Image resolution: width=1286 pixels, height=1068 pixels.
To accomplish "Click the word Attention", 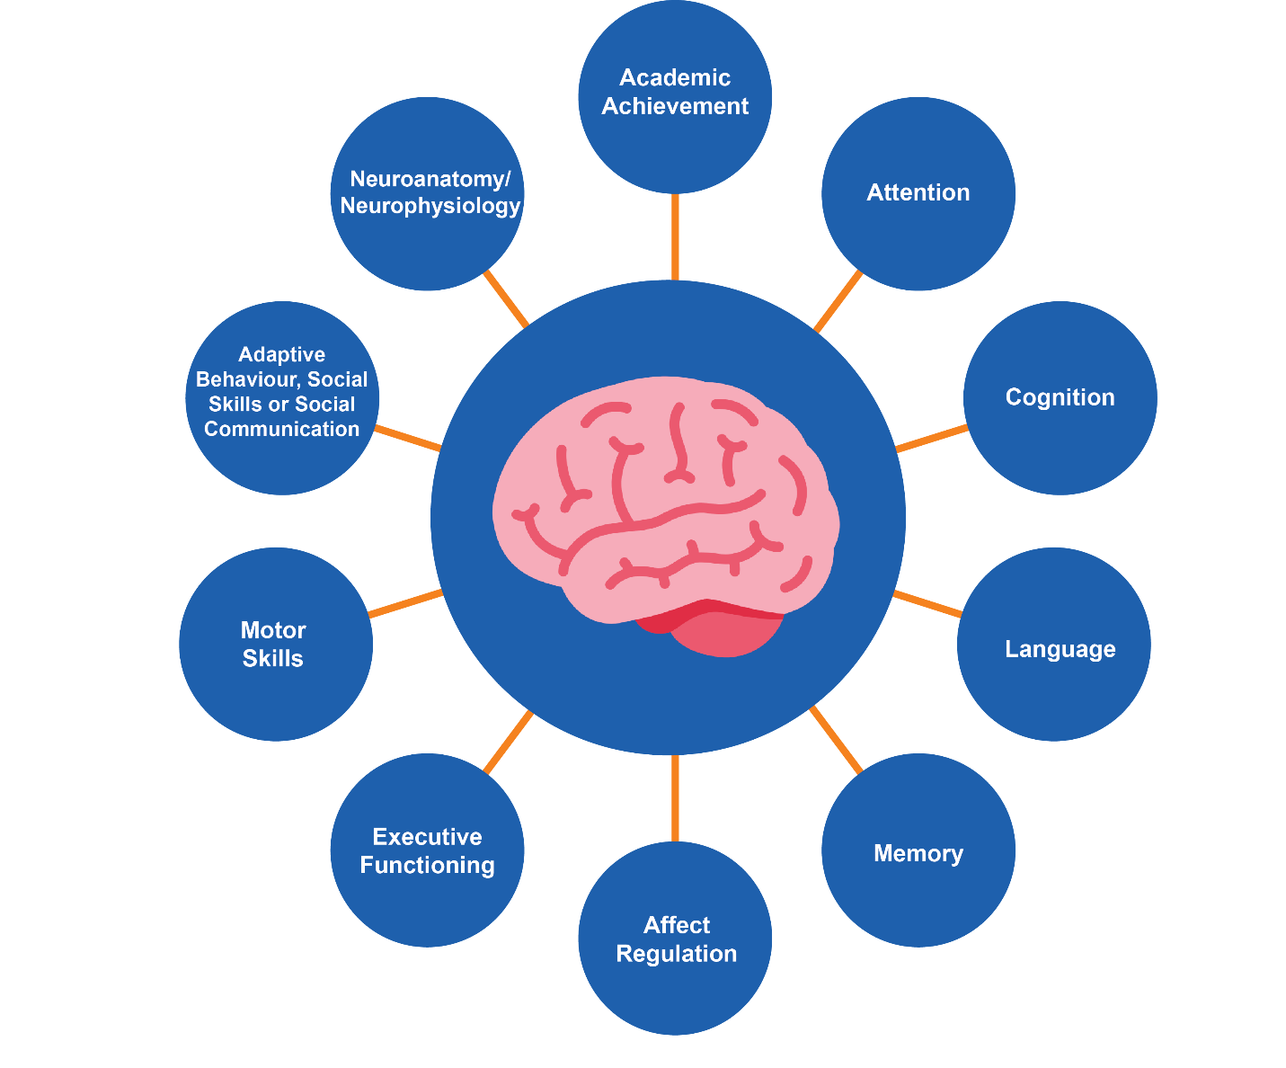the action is point(918,193).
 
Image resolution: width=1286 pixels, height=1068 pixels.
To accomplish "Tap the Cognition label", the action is point(1060,398).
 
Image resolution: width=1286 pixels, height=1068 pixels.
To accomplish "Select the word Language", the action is point(1060,650).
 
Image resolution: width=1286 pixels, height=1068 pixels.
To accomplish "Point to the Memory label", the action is point(918,854).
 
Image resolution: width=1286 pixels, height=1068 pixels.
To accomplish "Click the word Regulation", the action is point(677,954).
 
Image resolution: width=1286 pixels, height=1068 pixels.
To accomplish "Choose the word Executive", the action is point(428,837).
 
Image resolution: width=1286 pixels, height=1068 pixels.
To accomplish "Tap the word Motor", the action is point(273,630).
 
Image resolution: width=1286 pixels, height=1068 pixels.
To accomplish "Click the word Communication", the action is point(281,429).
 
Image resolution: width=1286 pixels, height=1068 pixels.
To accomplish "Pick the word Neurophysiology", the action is point(430,207).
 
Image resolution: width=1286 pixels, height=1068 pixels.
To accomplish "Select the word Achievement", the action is point(675,107).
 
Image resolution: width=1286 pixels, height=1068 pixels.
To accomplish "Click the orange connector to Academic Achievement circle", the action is point(675,237).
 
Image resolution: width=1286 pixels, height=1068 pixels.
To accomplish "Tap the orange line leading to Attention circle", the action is point(838,301).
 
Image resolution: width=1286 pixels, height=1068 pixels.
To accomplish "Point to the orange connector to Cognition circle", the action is point(931,439).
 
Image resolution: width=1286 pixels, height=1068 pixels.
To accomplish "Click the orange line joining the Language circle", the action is point(927,604).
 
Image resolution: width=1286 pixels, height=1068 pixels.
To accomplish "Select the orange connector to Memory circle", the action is point(836,740).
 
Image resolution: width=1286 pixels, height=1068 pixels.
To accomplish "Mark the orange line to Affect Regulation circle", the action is point(675,798).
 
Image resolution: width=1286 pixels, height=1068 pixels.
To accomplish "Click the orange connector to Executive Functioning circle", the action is point(508,742).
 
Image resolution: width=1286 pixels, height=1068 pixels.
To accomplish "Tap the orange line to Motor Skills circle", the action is point(405,603).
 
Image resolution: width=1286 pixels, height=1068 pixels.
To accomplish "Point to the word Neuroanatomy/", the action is point(430,179).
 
